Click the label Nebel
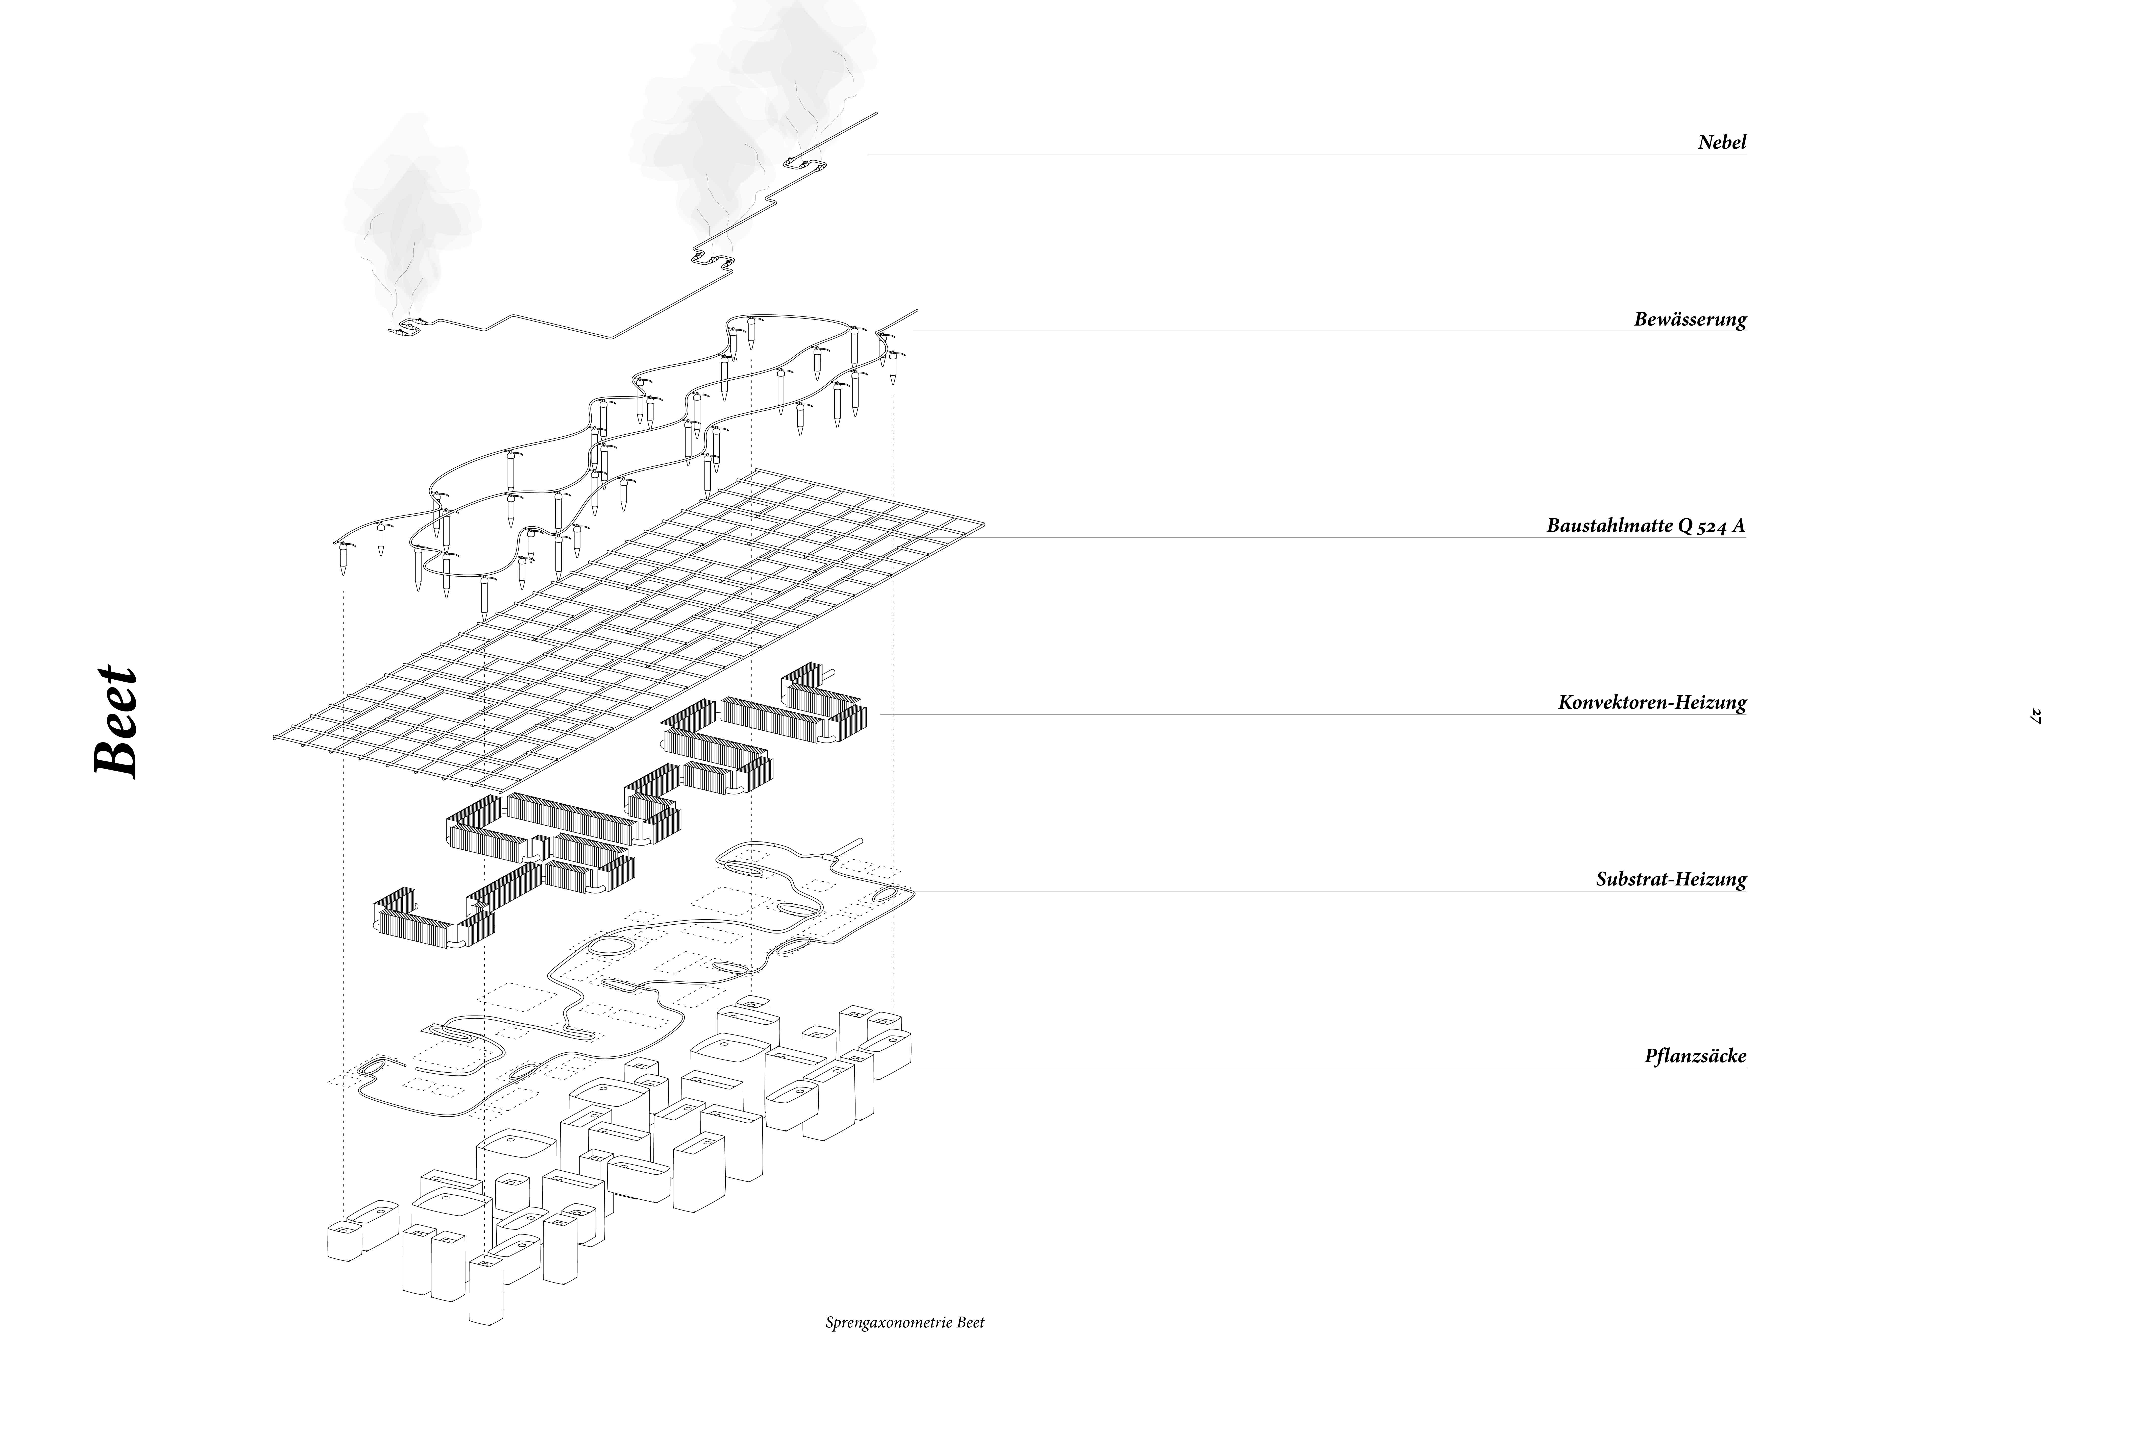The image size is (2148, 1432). [1721, 142]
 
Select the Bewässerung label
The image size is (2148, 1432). [1690, 320]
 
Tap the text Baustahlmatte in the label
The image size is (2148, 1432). [1609, 526]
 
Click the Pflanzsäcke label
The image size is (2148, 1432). [1695, 1057]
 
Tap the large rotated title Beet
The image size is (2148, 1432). [117, 722]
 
